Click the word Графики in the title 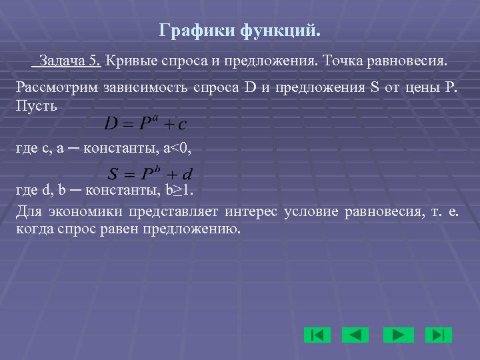click(188, 31)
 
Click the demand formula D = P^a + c click(145, 123)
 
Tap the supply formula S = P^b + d click(151, 174)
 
